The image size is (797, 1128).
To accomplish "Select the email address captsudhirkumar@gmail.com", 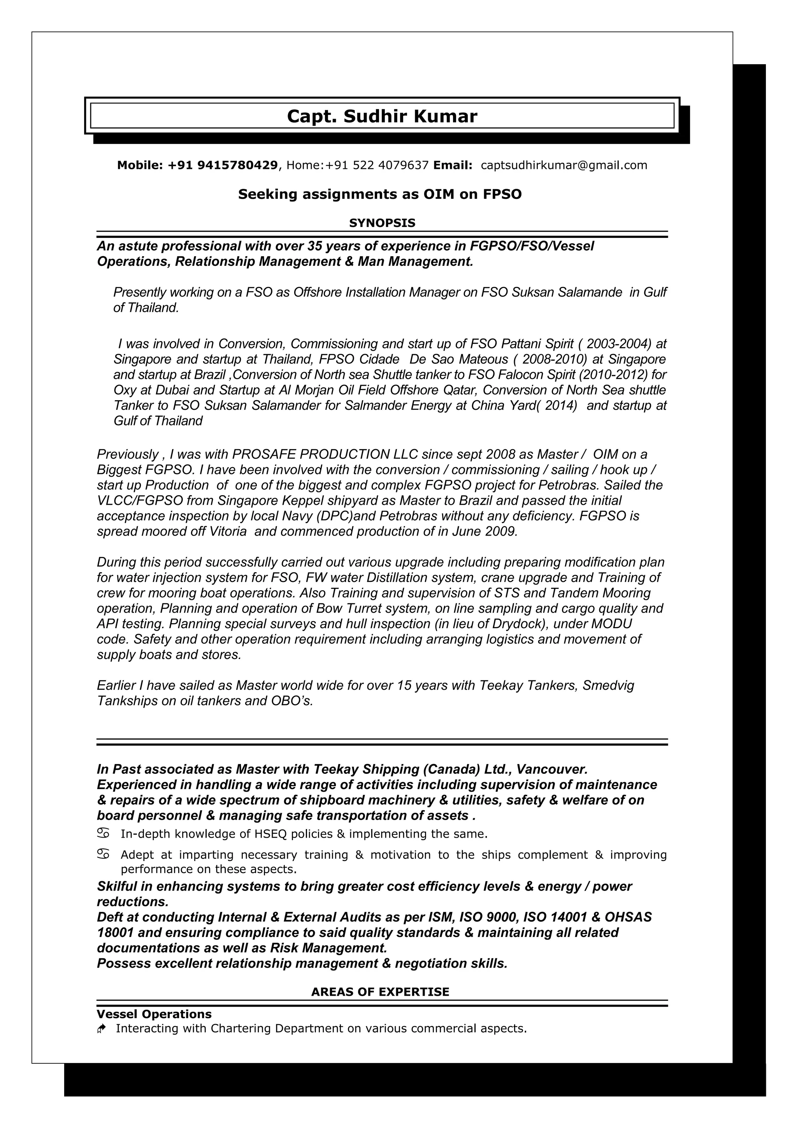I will tap(564, 165).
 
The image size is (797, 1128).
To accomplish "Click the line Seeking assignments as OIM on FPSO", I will tap(379, 195).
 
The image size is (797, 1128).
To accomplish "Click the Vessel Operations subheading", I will tap(154, 1014).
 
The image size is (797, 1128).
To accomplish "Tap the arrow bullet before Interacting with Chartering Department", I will tap(102, 1029).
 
